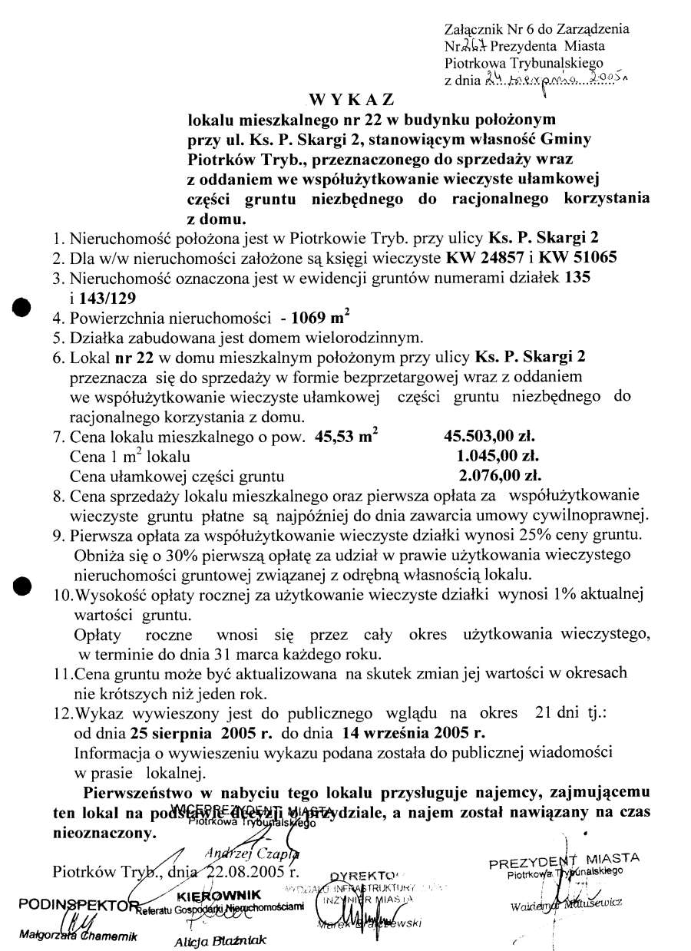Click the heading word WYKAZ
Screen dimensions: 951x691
coord(352,101)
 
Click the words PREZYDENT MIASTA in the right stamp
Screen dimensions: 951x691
coord(564,859)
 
